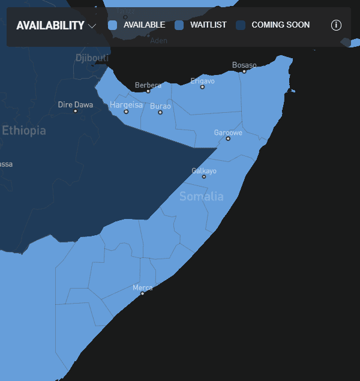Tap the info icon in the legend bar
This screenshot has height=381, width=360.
pyautogui.click(x=336, y=25)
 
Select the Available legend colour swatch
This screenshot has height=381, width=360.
pyautogui.click(x=112, y=25)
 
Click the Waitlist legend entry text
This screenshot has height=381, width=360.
pyautogui.click(x=208, y=25)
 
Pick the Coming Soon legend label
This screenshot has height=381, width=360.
pyautogui.click(x=280, y=25)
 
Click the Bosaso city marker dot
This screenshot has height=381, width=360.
pyautogui.click(x=244, y=71)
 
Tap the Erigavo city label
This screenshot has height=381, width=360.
pyautogui.click(x=202, y=80)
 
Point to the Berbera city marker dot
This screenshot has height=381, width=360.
pyautogui.click(x=148, y=91)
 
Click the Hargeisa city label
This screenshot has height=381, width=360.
pyautogui.click(x=126, y=104)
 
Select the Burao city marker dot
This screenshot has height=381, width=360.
pyautogui.click(x=160, y=112)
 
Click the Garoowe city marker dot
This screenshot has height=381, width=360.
pyautogui.click(x=228, y=139)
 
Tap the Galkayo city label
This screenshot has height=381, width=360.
pyautogui.click(x=204, y=170)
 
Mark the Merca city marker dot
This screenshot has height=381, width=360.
pyautogui.click(x=142, y=293)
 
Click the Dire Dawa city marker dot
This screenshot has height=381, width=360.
pyautogui.click(x=75, y=111)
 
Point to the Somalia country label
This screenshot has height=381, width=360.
pyautogui.click(x=201, y=196)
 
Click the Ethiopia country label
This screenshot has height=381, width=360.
pyautogui.click(x=23, y=130)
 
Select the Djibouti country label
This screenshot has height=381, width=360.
pyautogui.click(x=92, y=58)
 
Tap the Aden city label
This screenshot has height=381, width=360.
pyautogui.click(x=159, y=41)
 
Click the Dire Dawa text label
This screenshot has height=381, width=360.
pyautogui.click(x=75, y=104)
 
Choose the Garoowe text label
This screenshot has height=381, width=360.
pyautogui.click(x=228, y=132)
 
